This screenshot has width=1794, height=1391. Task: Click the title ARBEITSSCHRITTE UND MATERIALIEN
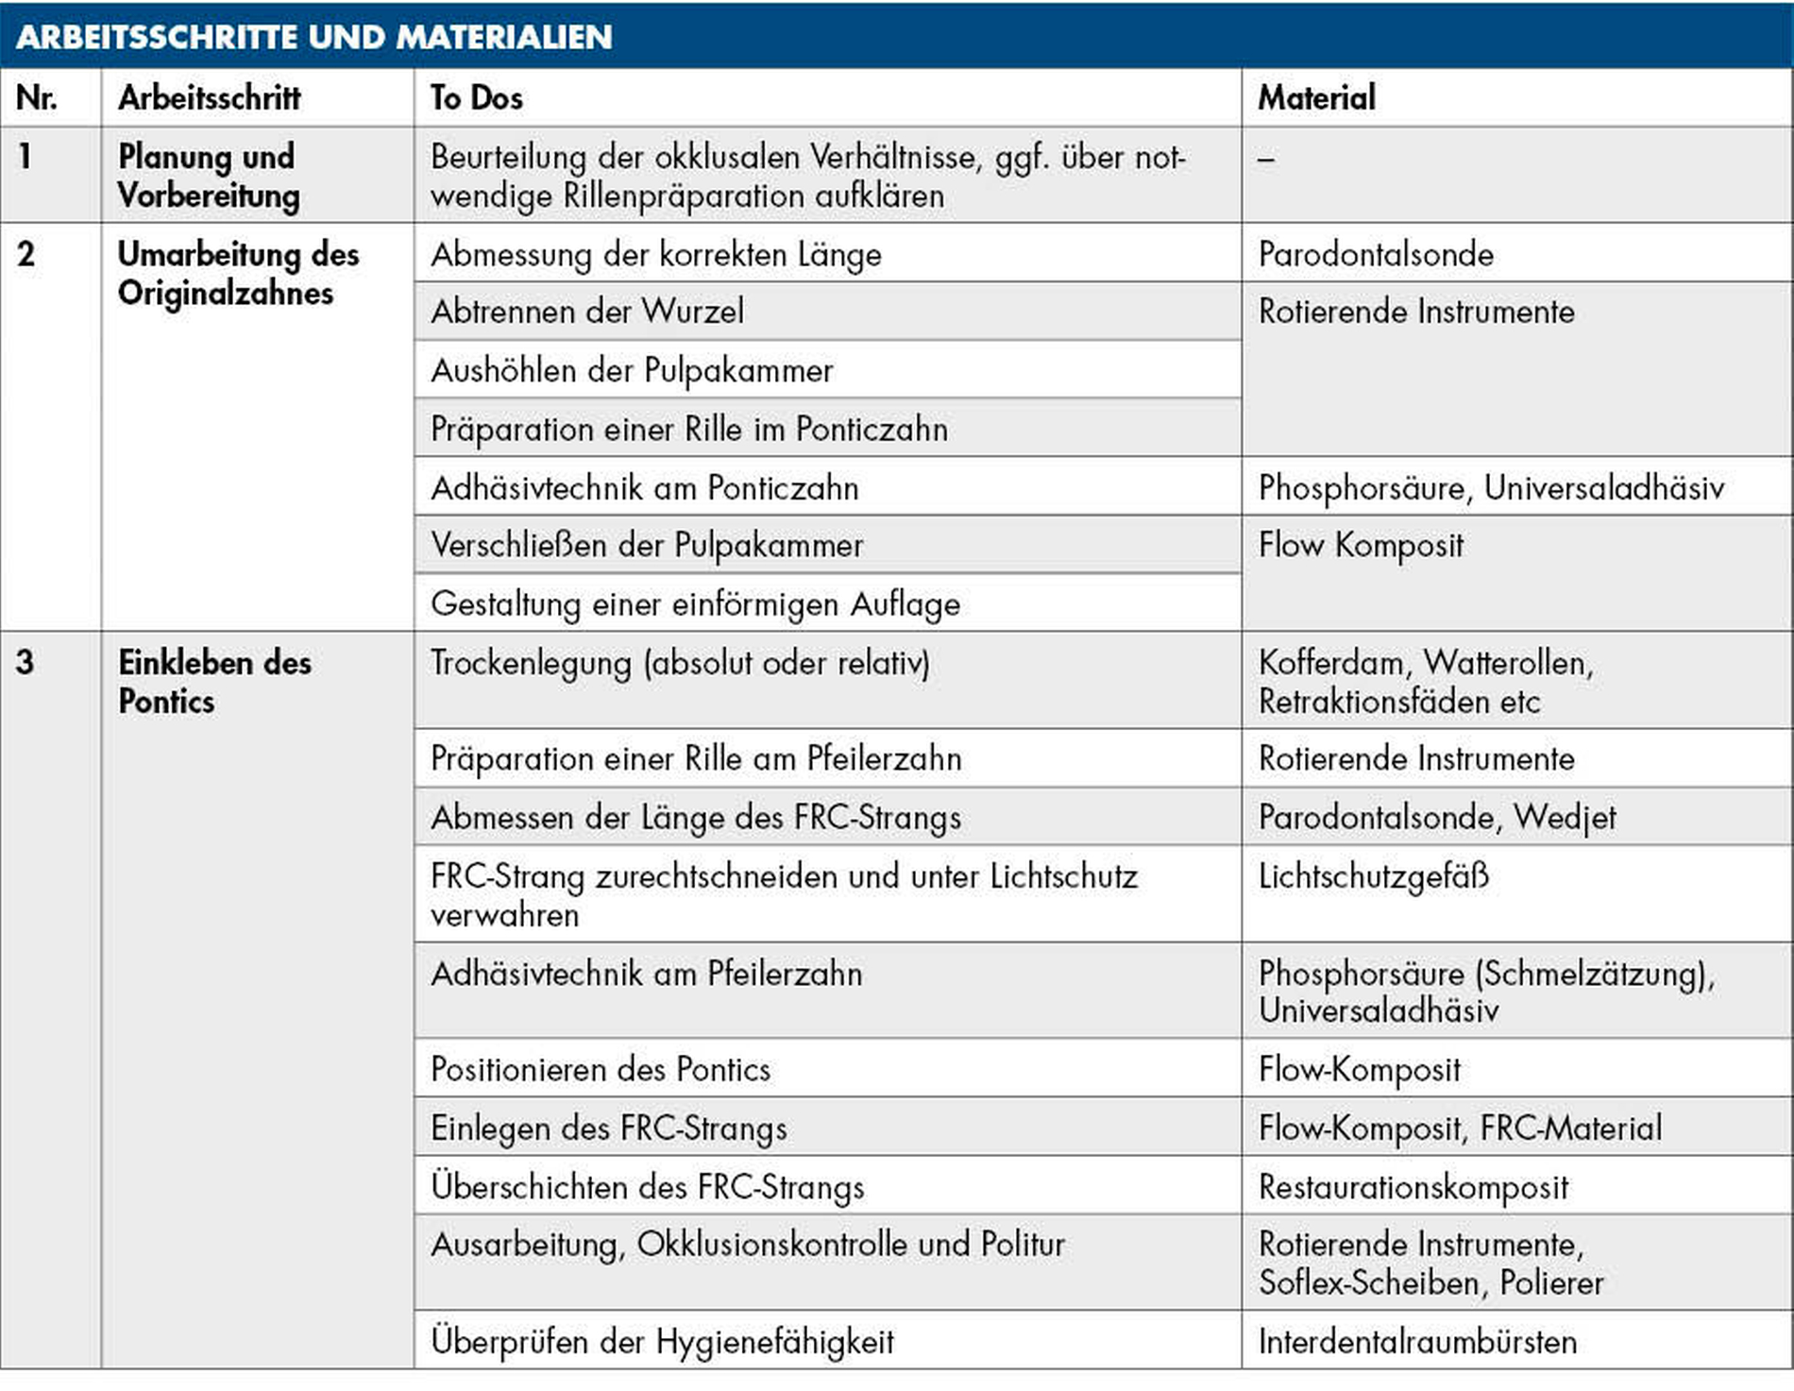[314, 37]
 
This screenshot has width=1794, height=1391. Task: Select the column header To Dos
[477, 98]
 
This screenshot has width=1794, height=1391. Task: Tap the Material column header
[1316, 98]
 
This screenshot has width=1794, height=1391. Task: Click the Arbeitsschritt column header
[210, 98]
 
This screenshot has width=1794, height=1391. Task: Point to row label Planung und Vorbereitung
[208, 176]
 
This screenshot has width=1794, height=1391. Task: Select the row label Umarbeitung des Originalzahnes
[238, 274]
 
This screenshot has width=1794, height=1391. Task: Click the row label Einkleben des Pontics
[214, 682]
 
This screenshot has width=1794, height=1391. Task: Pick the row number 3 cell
[25, 663]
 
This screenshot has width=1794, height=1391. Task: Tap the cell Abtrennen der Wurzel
[587, 312]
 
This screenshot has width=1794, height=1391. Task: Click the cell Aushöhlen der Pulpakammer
[632, 370]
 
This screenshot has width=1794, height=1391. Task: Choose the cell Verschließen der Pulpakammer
[647, 546]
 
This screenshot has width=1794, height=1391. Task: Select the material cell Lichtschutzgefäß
[1374, 876]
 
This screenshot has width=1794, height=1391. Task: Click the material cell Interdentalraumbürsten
[1417, 1342]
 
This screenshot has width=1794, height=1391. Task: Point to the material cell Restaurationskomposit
[1413, 1187]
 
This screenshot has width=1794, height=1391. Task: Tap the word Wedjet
[1566, 818]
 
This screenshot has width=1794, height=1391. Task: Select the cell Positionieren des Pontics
[601, 1070]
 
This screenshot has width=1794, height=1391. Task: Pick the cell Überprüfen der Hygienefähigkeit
[662, 1342]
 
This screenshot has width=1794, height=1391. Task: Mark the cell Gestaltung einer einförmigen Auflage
[695, 604]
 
